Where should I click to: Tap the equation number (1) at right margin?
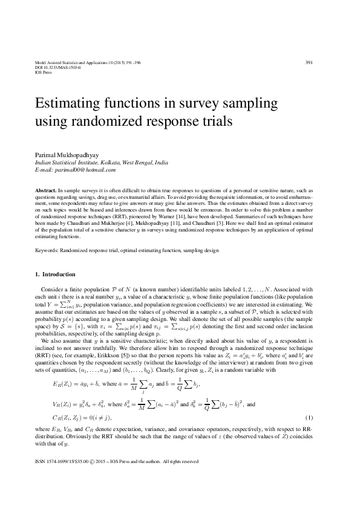coord(326,418)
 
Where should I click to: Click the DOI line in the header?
coord(55,67)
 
